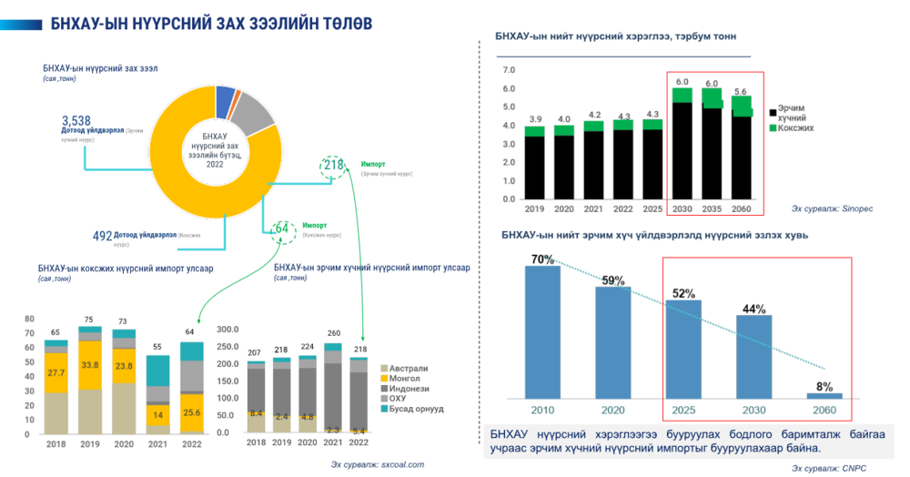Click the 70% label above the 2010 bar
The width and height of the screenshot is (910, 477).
pos(543,259)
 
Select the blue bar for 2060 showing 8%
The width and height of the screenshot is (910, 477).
pos(824,395)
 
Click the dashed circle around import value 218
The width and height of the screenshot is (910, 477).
pos(334,166)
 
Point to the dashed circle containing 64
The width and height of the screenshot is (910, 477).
pos(282,228)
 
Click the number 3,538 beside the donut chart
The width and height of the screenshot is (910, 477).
pos(76,121)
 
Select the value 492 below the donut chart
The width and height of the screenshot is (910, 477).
pos(103,236)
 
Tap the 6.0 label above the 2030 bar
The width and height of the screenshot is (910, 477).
pos(682,83)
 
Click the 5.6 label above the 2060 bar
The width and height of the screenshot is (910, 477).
pos(742,91)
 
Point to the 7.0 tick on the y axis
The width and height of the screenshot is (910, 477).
pos(508,70)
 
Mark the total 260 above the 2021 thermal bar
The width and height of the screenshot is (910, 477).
pos(333,334)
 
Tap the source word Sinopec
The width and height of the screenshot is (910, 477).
pos(857,208)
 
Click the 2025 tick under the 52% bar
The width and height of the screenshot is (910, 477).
pos(684,410)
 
